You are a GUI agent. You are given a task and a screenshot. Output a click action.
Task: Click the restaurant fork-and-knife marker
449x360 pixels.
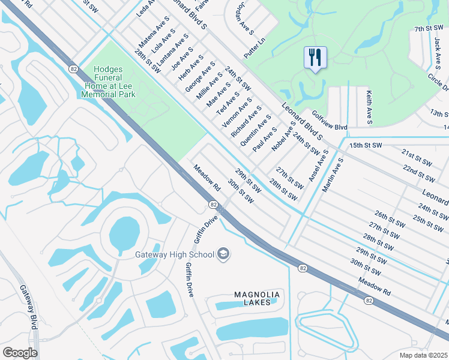pyautogui.click(x=315, y=58)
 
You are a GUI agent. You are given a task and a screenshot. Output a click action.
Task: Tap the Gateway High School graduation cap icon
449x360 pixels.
pyautogui.click(x=223, y=254)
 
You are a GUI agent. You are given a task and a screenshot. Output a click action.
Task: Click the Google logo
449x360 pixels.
pyautogui.click(x=20, y=352)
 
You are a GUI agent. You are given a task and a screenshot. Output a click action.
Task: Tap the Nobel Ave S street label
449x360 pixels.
pyautogui.click(x=284, y=139)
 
